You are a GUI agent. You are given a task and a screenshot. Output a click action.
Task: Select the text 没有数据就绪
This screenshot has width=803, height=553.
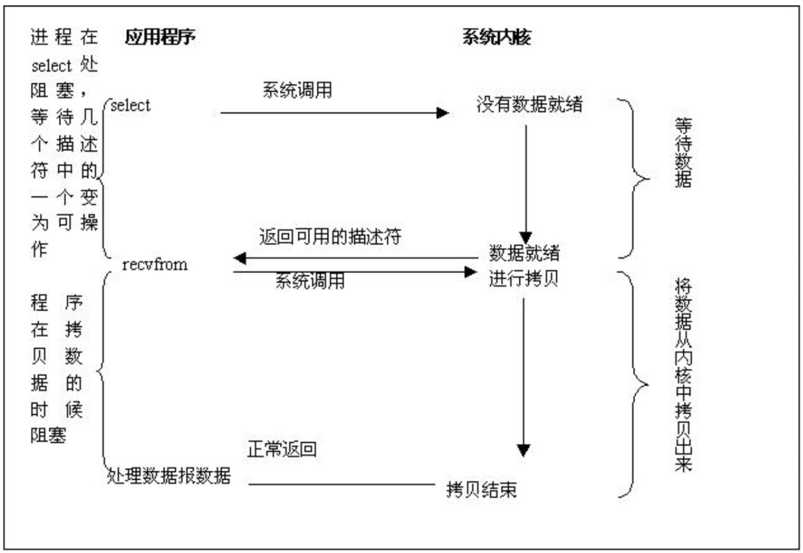point(529,105)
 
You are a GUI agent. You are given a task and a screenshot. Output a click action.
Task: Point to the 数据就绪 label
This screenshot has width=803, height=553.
point(524,254)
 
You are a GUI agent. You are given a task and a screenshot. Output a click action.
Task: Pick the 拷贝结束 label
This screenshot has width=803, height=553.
point(482,490)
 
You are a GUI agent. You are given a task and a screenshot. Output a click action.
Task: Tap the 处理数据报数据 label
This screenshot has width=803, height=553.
point(169,476)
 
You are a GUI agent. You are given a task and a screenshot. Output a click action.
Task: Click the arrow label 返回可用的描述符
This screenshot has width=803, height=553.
point(330,238)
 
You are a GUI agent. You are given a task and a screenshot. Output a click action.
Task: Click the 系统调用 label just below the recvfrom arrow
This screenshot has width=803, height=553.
point(310,282)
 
